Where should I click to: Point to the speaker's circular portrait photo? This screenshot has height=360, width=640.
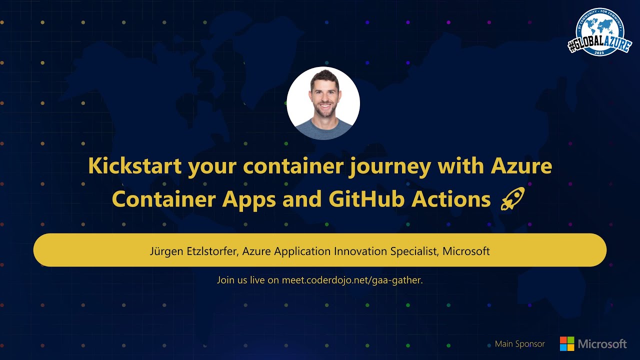pos(323,103)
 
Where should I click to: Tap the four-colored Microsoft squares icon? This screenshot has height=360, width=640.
pos(567,343)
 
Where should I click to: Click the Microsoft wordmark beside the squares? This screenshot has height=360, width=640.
pos(602,344)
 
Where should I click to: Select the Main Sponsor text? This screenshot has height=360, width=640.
pos(520,344)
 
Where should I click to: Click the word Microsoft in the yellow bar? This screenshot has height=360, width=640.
pos(466,251)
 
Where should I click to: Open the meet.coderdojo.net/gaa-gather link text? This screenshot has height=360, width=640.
pos(352,280)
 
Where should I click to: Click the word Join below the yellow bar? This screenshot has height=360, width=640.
pos(225,280)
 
